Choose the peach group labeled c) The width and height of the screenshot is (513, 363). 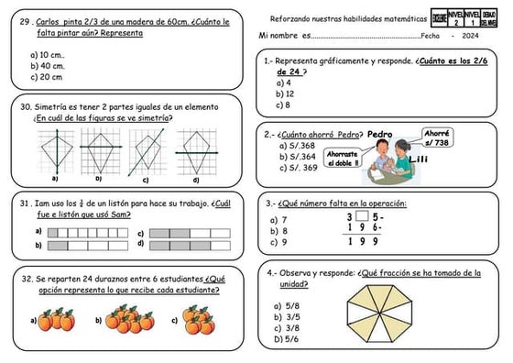click(x=197, y=320)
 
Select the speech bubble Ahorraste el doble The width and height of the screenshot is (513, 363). click(x=344, y=158)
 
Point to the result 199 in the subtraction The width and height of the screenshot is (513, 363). click(x=363, y=242)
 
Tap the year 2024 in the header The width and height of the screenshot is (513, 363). click(x=471, y=36)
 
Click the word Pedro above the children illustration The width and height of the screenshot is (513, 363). click(x=379, y=135)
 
